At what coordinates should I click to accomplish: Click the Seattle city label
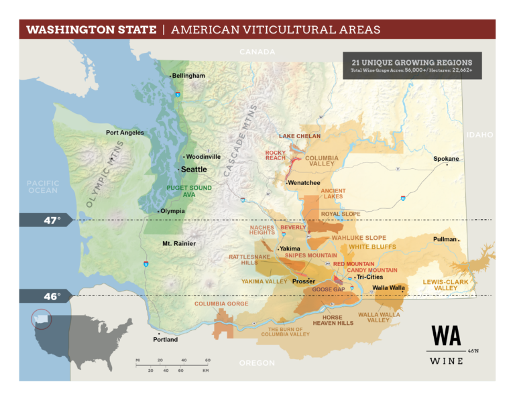[194, 170]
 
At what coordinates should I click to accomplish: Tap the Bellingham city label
[188, 76]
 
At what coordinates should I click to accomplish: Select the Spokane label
[446, 159]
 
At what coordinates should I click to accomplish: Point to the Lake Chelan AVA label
[300, 136]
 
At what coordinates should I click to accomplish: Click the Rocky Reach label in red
[276, 155]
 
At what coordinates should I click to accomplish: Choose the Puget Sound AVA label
[189, 191]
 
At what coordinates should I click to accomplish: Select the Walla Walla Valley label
[379, 317]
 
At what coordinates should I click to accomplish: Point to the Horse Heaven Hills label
[333, 320]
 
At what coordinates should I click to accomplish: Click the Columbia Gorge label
[221, 304]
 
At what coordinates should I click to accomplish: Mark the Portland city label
[165, 340]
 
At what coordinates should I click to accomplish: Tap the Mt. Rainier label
[179, 243]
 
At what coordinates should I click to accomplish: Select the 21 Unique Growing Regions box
[412, 66]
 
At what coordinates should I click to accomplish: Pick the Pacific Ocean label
[43, 186]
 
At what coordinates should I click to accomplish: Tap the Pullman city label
[445, 239]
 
